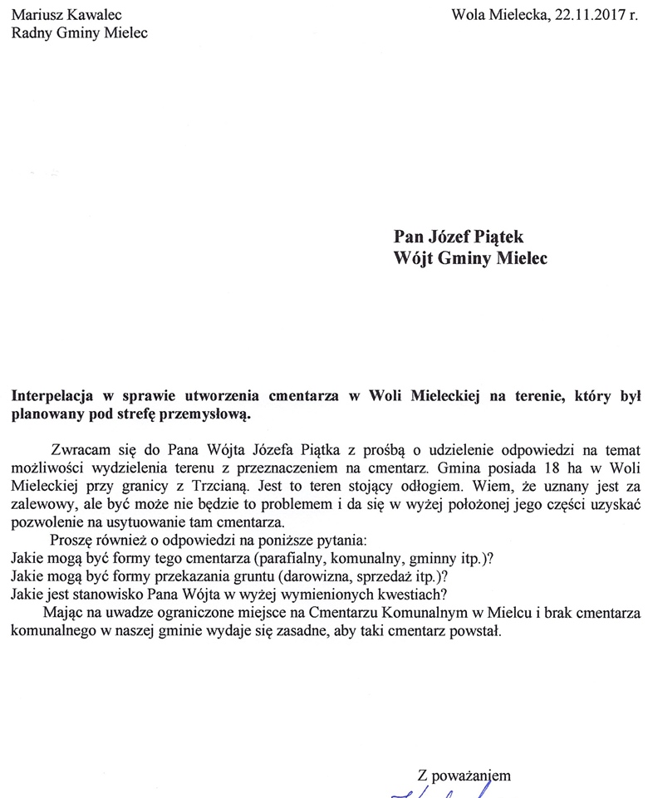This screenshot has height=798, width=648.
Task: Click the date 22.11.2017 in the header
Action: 586,14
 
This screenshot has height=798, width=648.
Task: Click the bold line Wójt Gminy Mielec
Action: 470,258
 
